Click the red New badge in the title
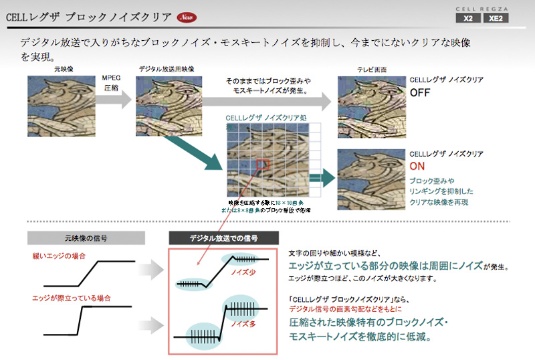coord(187,16)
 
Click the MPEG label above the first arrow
coord(111,78)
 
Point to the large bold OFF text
coord(420,92)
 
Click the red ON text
coord(417,166)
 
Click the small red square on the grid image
coord(262,165)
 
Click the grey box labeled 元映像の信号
coord(86,238)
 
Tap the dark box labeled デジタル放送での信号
coord(223,238)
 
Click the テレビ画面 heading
coord(370,70)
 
